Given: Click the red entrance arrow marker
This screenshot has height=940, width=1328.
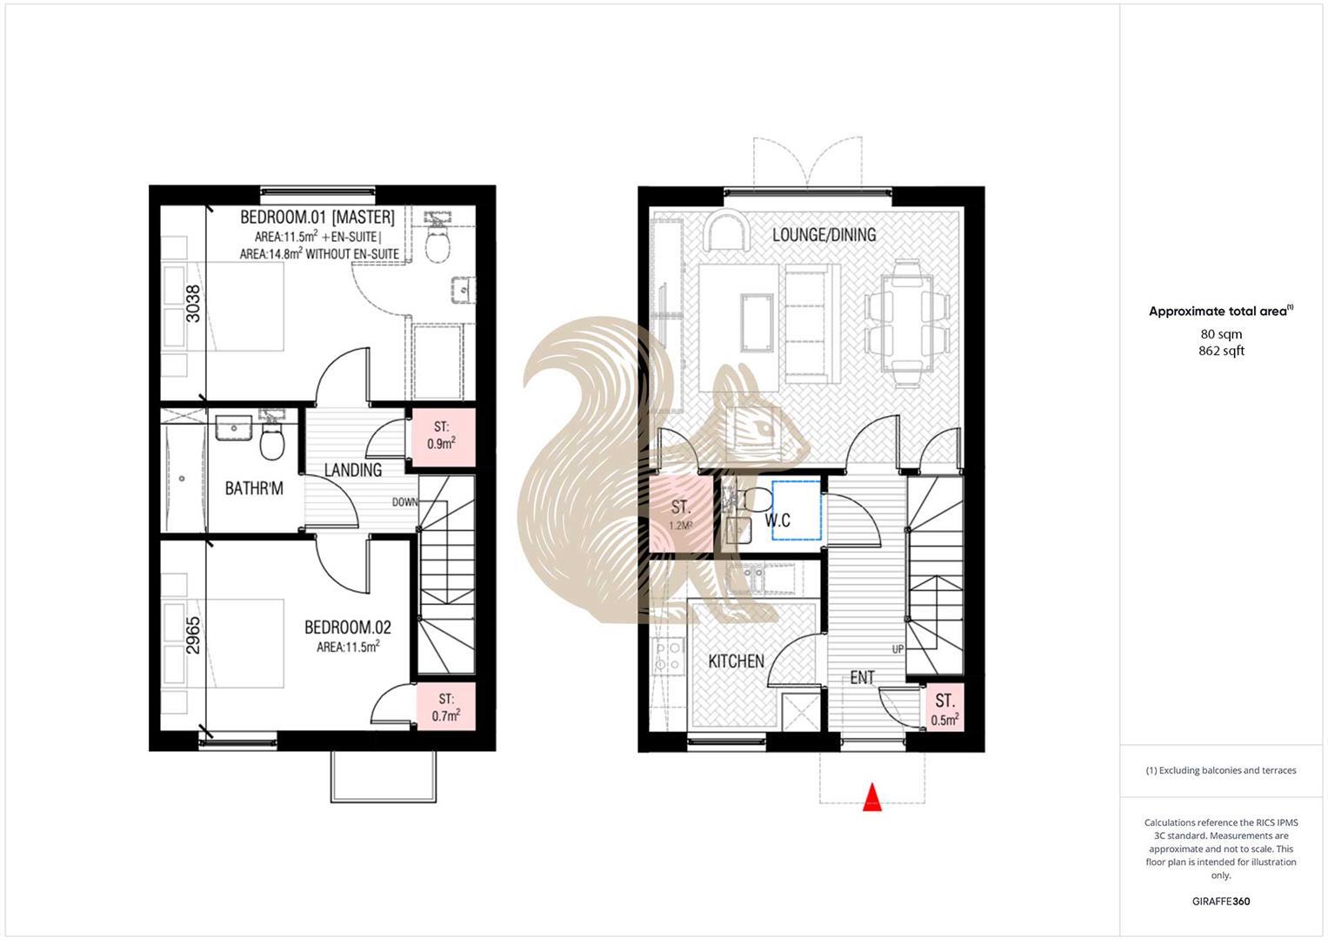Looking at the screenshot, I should pyautogui.click(x=871, y=797).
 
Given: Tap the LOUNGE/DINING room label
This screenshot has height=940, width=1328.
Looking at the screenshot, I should pyautogui.click(x=824, y=235).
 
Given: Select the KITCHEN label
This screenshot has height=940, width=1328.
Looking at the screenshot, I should pyautogui.click(x=736, y=661).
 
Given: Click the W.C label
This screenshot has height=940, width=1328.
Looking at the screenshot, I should pyautogui.click(x=777, y=520).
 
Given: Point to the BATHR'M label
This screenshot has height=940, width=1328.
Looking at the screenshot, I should pyautogui.click(x=254, y=488).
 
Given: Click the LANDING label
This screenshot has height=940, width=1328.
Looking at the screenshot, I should pyautogui.click(x=353, y=470).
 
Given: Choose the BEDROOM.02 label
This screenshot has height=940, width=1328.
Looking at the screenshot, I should pyautogui.click(x=347, y=628).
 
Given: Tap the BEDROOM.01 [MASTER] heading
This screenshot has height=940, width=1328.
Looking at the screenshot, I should pyautogui.click(x=317, y=217).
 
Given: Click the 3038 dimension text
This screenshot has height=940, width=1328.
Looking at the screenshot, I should pyautogui.click(x=193, y=304).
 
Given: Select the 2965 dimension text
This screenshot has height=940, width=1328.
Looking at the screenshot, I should pyautogui.click(x=193, y=634).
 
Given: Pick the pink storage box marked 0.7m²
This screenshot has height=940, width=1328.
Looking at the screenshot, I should pyautogui.click(x=446, y=708).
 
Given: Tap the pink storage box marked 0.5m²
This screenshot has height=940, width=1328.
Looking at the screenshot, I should pyautogui.click(x=944, y=709).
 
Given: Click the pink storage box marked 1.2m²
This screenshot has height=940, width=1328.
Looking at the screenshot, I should pyautogui.click(x=681, y=515).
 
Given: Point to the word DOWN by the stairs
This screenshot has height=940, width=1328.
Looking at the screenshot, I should pyautogui.click(x=404, y=502).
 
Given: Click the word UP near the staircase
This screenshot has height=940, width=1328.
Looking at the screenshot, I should pyautogui.click(x=898, y=649).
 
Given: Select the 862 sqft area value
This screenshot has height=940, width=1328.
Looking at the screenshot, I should pyautogui.click(x=1221, y=351).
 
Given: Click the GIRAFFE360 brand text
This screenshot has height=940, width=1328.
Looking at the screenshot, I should pyautogui.click(x=1221, y=901).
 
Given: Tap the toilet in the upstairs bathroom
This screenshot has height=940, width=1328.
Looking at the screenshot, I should pyautogui.click(x=272, y=445).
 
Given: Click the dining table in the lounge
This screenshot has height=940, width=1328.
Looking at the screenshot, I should pyautogui.click(x=907, y=324).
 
